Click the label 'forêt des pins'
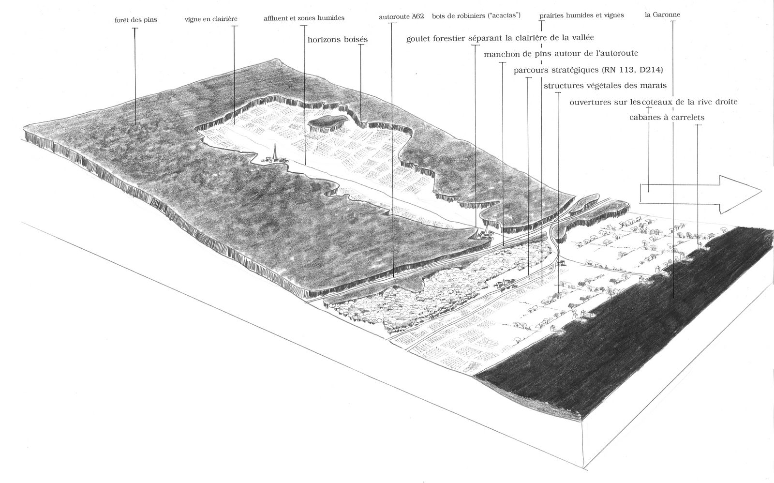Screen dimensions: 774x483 136,20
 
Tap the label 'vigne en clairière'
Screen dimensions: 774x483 211,19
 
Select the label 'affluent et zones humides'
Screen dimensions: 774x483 304,18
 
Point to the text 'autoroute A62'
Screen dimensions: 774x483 402,16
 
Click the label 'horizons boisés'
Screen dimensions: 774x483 338,40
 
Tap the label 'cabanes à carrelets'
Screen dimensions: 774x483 667,118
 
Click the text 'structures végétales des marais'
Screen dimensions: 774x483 605,85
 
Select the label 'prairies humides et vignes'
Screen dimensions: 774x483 581,15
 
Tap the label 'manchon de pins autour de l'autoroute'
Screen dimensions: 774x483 561,54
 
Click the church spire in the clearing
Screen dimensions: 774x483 275,152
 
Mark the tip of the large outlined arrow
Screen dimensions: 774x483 761,191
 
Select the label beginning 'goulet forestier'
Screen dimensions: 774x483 500,38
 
